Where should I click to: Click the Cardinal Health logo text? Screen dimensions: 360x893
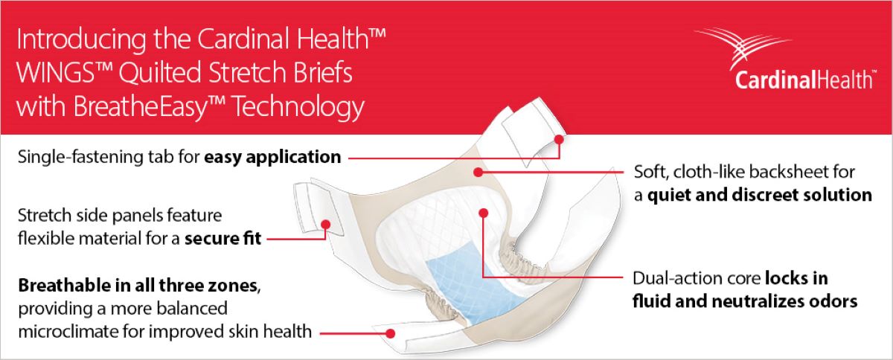coord(804,79)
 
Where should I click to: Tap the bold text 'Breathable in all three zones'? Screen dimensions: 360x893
coord(138,286)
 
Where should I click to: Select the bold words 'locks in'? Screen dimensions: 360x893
coord(796,279)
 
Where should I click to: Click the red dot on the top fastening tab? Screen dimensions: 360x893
coord(559,138)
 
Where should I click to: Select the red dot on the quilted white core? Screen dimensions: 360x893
coord(483,213)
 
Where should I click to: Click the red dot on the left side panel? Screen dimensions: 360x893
coord(325,224)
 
